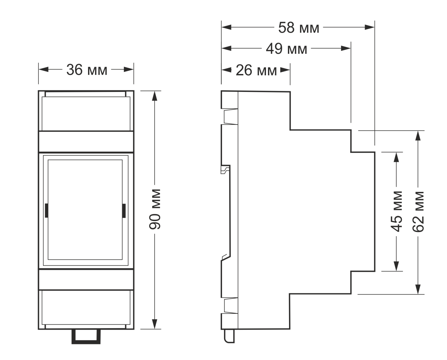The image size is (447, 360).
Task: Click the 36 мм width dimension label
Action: click(x=87, y=70)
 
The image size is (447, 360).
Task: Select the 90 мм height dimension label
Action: click(x=155, y=209)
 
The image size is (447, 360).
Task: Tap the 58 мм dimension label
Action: click(x=299, y=28)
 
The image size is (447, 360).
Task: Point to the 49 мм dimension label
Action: click(x=286, y=49)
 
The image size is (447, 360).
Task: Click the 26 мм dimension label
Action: click(x=256, y=71)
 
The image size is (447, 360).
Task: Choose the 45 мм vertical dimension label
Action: click(x=396, y=211)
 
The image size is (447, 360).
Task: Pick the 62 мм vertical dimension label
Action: click(x=418, y=211)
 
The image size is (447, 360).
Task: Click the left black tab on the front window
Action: click(x=47, y=211)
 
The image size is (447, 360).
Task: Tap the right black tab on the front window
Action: click(x=124, y=211)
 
